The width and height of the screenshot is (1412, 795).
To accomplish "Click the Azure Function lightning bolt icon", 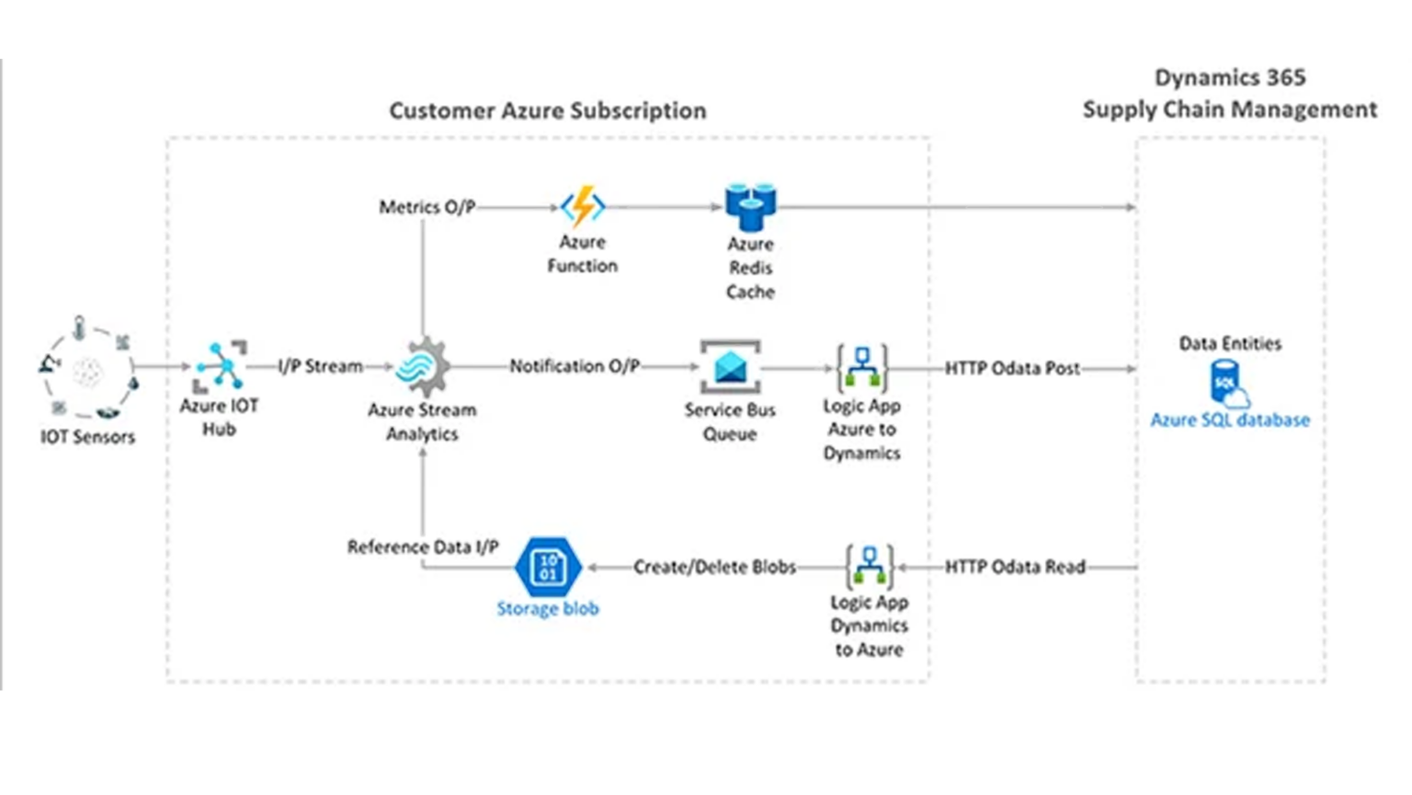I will [583, 206].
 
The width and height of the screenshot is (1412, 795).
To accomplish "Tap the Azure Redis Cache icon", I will [750, 206].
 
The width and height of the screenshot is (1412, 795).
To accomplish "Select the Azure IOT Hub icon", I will [221, 365].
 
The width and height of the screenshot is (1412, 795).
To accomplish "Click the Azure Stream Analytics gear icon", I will [423, 366].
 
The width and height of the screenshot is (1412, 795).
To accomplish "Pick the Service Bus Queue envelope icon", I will [730, 367].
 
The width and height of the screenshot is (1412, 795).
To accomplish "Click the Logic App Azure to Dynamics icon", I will [861, 367].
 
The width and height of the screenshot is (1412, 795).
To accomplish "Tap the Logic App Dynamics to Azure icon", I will [869, 567].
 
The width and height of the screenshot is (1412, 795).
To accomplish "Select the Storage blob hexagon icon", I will [548, 566].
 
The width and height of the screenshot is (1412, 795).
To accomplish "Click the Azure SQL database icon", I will [1228, 383].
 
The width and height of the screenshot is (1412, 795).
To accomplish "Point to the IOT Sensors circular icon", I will [87, 371].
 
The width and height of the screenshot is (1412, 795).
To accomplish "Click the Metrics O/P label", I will [427, 207].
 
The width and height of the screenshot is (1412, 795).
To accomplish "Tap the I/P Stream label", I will [320, 366].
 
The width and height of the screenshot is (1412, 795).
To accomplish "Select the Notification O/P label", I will [575, 366].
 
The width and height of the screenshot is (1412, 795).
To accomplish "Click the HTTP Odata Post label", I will [1012, 368].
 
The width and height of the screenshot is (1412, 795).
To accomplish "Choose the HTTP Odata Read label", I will [1015, 567].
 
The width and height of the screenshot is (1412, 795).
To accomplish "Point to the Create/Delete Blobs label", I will [714, 567].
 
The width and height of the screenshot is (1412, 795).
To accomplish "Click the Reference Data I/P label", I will [422, 547].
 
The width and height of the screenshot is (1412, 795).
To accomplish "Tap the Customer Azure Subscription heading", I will [547, 110].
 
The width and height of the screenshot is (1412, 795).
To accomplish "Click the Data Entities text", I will [1229, 343].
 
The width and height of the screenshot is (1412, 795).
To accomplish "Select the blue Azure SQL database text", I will [1229, 420].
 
